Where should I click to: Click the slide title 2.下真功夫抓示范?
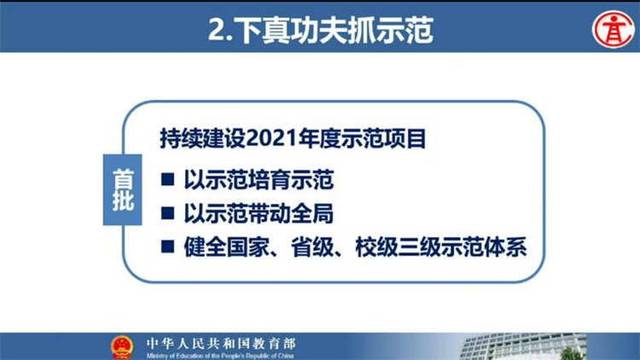coord(320,30)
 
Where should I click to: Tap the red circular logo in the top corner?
coord(614,29)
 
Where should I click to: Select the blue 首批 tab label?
coord(122,189)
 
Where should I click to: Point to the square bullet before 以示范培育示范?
coord(167,180)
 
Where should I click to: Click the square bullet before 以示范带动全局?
coord(167,213)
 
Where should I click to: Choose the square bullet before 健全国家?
coord(167,247)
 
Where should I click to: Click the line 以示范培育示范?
coord(259,180)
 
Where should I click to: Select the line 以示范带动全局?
coord(259,213)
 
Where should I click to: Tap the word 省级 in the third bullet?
coord(312,247)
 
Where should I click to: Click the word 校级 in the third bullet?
coord(376,247)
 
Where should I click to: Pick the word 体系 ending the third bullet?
coord(505,247)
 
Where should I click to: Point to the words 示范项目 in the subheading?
coord(384,139)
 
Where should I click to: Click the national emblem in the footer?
coord(122,347)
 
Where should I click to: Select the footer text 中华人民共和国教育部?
coord(221,344)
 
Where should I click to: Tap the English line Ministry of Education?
coord(220,356)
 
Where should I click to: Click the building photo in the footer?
coord(523,346)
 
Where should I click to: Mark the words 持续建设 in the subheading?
coord(203,139)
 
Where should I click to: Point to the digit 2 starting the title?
coord(217,30)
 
